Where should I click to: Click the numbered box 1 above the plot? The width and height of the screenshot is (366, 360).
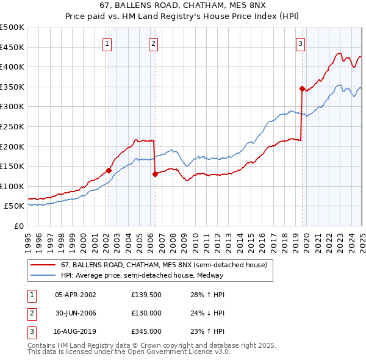107,43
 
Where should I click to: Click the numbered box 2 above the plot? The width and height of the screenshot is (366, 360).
152,43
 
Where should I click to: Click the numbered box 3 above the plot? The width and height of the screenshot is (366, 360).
301,43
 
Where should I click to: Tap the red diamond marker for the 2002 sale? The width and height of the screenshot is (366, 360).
109,171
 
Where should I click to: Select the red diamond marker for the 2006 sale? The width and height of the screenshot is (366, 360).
155,175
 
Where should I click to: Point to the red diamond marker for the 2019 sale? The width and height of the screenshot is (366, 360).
302,88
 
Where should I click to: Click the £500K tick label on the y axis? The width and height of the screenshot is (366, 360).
12,27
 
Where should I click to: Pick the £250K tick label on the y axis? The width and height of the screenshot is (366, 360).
12,126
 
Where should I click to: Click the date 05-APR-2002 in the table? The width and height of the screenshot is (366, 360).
75,294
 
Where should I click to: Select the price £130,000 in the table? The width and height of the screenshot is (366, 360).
146,313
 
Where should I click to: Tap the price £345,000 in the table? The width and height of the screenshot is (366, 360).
146,332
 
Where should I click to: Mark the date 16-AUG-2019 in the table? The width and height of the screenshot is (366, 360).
75,332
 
